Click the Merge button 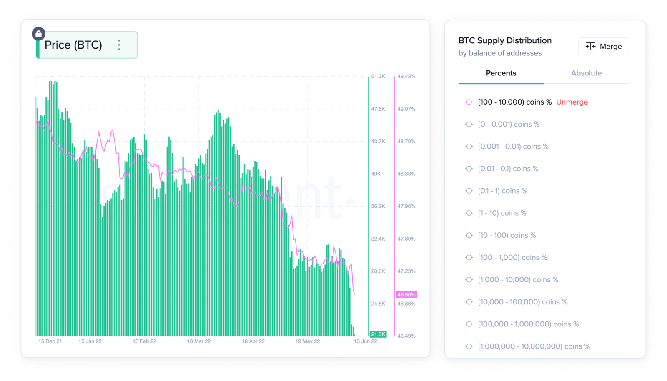(x=603, y=47)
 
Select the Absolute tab (x=586, y=73)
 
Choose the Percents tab (x=501, y=73)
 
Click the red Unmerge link (x=572, y=102)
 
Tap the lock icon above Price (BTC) (x=39, y=34)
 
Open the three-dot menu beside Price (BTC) (x=119, y=45)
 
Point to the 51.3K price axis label (x=378, y=77)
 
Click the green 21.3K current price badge (x=378, y=334)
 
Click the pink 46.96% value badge (x=406, y=295)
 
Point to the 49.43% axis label (x=406, y=77)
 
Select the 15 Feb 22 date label (x=144, y=341)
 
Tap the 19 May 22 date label (x=308, y=341)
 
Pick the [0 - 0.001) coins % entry (x=509, y=124)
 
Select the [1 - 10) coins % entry (x=502, y=213)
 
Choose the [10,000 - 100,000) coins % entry (x=523, y=302)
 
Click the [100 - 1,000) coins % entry (x=512, y=257)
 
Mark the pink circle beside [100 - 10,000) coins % (x=469, y=102)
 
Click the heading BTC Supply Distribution (x=505, y=41)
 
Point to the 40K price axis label (x=376, y=174)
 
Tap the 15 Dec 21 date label (x=50, y=341)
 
